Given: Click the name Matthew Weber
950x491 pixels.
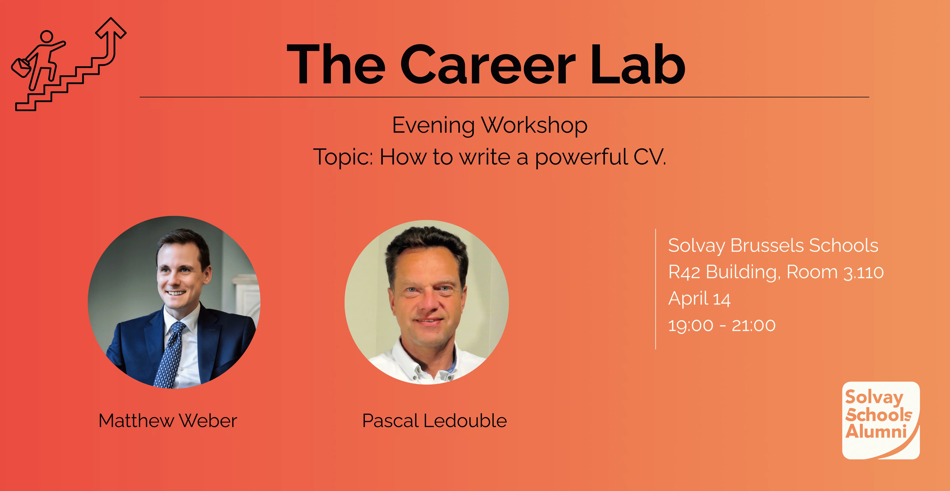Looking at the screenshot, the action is coord(168,421).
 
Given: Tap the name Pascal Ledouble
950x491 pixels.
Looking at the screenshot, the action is coord(434,421).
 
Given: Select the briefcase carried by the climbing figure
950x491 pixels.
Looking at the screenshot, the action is coord(22,67).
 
